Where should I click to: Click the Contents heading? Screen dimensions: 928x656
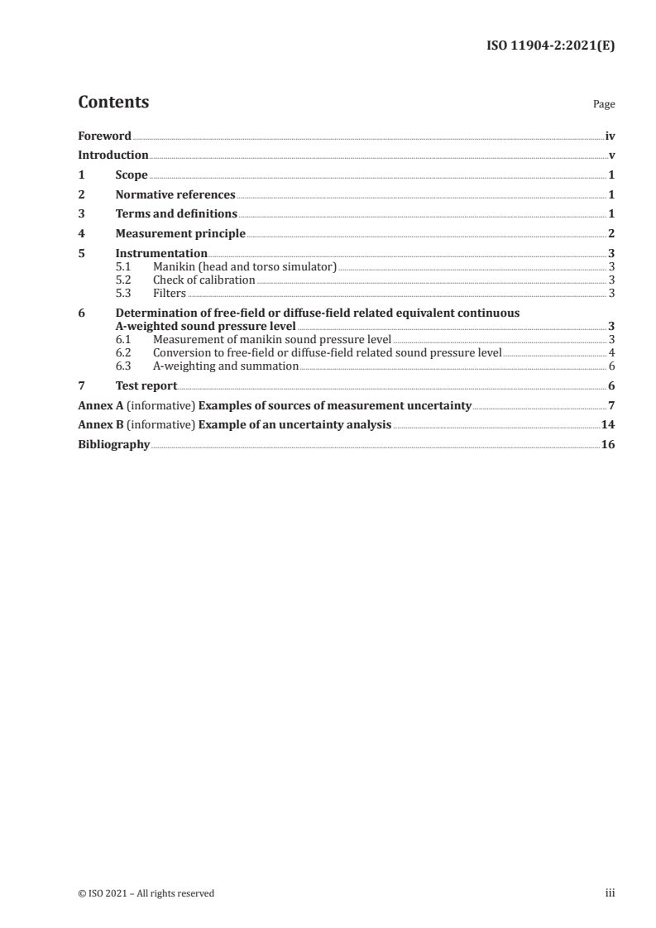point(113,103)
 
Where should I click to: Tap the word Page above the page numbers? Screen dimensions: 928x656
point(603,105)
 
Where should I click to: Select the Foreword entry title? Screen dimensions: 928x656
point(104,136)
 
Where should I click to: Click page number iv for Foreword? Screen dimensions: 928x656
point(610,136)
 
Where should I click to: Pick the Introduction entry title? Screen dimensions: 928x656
point(113,155)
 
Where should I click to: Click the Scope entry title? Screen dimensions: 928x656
point(132,175)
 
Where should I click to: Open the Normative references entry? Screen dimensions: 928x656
point(175,195)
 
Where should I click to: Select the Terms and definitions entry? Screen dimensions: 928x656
point(176,214)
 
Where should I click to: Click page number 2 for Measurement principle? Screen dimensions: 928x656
point(611,234)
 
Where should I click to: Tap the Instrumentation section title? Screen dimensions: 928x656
point(161,254)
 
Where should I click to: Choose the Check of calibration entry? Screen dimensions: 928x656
point(204,280)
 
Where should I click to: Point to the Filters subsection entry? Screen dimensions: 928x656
point(170,293)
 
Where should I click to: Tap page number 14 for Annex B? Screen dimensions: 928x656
point(608,425)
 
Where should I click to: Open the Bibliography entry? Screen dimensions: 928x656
point(113,445)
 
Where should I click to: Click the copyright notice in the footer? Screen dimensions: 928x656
point(146,893)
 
